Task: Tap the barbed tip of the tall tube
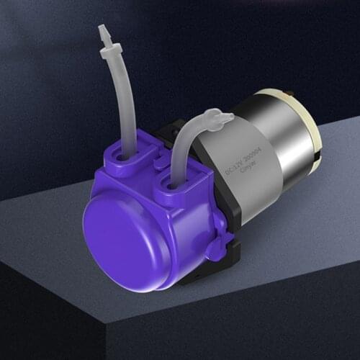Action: click(x=104, y=32)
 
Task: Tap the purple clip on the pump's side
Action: click(x=217, y=248)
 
